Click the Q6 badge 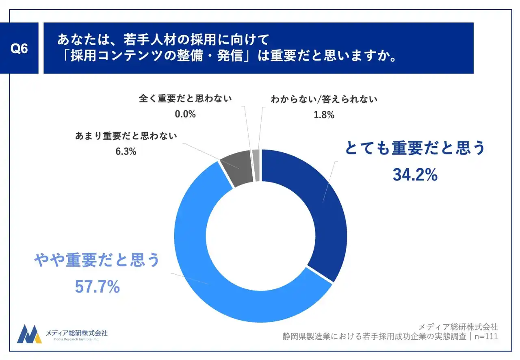click(x=19, y=48)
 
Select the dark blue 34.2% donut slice click(x=321, y=211)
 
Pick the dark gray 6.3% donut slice click(x=240, y=167)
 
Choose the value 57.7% click(x=97, y=287)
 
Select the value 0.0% click(x=185, y=114)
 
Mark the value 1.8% click(x=324, y=115)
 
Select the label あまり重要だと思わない click(x=126, y=136)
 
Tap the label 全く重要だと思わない click(x=185, y=99)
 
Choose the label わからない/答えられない click(x=324, y=100)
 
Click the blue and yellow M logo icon click(x=29, y=334)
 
